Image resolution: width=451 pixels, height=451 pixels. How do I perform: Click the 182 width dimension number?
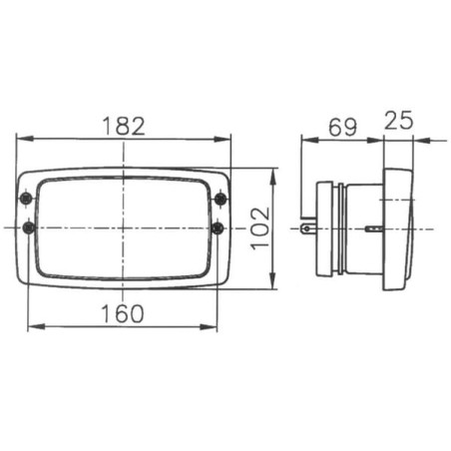124,126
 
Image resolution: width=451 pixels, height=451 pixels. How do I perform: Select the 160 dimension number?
123,313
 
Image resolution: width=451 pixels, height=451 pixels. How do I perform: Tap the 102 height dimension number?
260,228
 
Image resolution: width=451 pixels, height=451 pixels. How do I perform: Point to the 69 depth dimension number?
342,127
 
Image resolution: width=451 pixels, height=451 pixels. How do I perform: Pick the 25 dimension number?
398,120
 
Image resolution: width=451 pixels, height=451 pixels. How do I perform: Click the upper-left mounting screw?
26,199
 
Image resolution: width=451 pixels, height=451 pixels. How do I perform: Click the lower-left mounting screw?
29,228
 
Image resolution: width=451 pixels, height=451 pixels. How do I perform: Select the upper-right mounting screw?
221,199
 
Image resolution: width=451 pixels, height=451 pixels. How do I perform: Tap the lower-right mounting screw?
218,228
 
